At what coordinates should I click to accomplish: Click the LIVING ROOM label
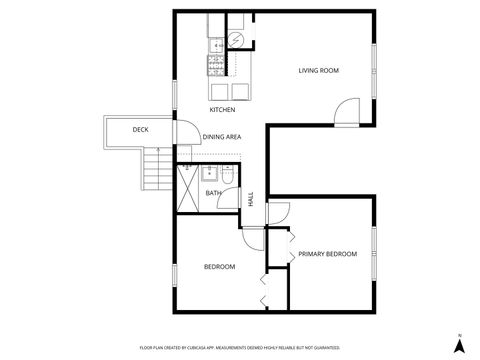319,70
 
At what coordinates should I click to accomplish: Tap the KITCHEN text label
222,109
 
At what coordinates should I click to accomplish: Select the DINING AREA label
221,137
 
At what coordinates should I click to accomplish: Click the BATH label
213,193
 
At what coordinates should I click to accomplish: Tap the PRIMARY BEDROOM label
327,254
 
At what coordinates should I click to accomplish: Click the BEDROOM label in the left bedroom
219,266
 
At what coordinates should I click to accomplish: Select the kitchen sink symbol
214,44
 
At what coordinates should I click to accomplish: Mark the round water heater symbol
237,39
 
